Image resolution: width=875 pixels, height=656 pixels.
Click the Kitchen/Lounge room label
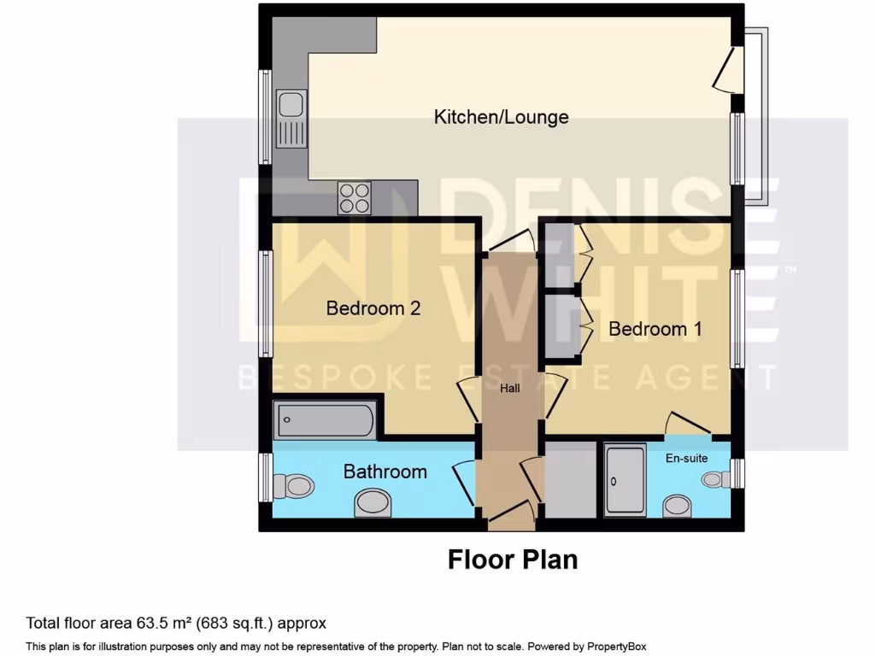click(x=501, y=117)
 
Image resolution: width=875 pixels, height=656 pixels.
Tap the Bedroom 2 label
click(x=373, y=308)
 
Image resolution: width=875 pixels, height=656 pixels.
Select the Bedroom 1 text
click(x=648, y=329)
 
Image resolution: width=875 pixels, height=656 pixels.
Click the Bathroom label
click(x=385, y=471)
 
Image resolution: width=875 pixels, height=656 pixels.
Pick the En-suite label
click(x=687, y=459)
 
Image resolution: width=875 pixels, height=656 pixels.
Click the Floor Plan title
click(x=513, y=559)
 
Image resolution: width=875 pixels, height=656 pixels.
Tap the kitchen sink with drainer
click(x=291, y=120)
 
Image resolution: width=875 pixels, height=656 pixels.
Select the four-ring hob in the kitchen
click(x=355, y=198)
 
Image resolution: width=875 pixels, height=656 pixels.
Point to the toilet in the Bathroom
click(x=293, y=487)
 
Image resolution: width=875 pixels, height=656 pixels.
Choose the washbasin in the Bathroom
click(x=373, y=502)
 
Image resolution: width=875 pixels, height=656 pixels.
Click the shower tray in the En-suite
click(x=625, y=481)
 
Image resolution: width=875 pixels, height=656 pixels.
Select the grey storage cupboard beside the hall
click(x=570, y=480)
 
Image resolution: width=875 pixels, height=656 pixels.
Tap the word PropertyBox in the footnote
click(x=621, y=647)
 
